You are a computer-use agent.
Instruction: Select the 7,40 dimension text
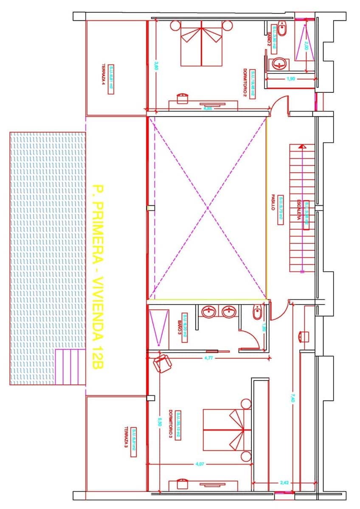(292, 398)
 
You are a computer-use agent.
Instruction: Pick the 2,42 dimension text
(284, 482)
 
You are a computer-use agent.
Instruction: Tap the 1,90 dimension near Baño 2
(290, 79)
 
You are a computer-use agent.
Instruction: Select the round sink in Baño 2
(279, 64)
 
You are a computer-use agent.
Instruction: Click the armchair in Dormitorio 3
(162, 364)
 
